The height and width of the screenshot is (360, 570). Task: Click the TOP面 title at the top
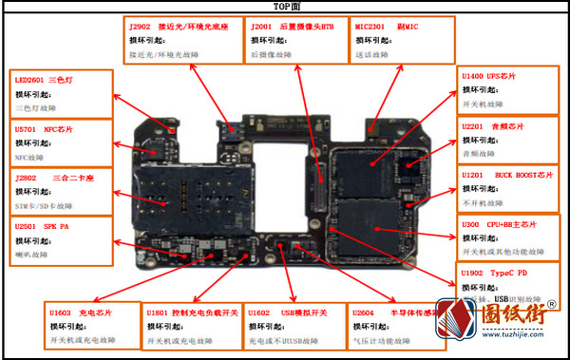(x=285, y=7)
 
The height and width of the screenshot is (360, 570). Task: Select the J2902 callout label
(x=181, y=28)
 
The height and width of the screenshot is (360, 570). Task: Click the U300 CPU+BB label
(x=499, y=224)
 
